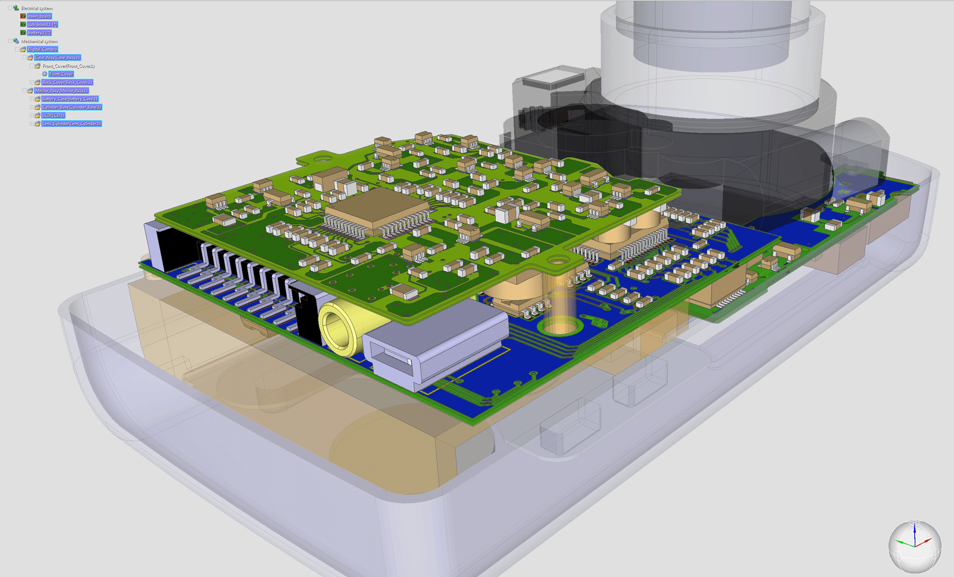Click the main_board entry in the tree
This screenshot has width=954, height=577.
[x=39, y=16]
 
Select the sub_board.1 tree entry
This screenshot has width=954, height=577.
[x=42, y=24]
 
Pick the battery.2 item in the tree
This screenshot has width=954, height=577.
[x=39, y=33]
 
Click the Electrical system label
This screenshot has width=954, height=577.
[x=36, y=8]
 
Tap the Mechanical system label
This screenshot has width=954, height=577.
[x=39, y=41]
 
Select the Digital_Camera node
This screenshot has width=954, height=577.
[x=42, y=49]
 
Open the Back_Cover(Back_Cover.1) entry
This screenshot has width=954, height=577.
[x=67, y=82]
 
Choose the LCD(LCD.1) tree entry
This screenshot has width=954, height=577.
[x=53, y=115]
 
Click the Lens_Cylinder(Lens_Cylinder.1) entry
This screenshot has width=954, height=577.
[x=71, y=124]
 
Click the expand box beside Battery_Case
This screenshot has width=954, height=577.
[x=31, y=99]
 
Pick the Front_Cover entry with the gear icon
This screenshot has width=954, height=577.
[x=61, y=74]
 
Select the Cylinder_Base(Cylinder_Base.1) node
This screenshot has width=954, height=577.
[x=72, y=107]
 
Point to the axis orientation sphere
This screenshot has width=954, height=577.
[x=914, y=547]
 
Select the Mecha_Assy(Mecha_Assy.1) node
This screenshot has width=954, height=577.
[x=61, y=91]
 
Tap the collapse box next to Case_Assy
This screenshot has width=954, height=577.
[x=24, y=58]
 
